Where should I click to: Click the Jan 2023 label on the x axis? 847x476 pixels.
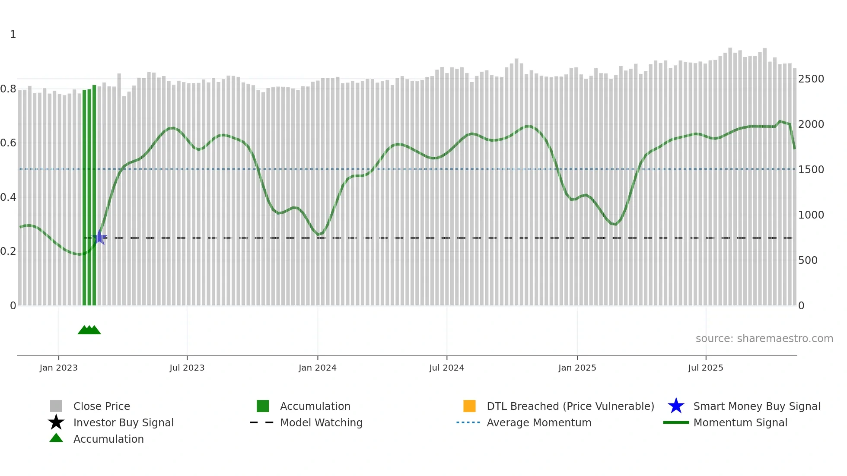pos(58,368)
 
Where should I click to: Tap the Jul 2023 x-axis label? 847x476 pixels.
pos(187,368)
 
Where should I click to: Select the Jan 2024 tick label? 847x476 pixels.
pos(317,368)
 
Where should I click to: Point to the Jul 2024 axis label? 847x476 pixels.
pos(446,368)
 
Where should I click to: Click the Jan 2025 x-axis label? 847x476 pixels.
pos(577,368)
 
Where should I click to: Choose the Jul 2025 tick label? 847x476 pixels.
pos(705,368)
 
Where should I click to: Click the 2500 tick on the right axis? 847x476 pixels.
pos(811,79)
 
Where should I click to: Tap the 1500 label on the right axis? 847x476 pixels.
pos(811,170)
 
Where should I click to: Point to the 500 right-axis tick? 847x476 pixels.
pos(808,260)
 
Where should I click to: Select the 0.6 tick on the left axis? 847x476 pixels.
pos(8,143)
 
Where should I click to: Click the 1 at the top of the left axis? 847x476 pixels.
pos(13,35)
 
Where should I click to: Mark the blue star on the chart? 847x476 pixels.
pos(99,237)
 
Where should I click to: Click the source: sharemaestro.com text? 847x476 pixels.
pos(764,339)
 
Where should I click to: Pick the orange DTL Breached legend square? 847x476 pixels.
pos(469,406)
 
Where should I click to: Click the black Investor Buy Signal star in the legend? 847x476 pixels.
pos(56,422)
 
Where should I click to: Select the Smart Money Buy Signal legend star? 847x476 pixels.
pos(676,406)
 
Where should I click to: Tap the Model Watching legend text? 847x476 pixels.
pos(321,423)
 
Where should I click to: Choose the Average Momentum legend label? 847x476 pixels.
pos(539,423)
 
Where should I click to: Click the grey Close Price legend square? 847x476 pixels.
pos(56,406)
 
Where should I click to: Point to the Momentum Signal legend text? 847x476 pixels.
pos(740,423)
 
